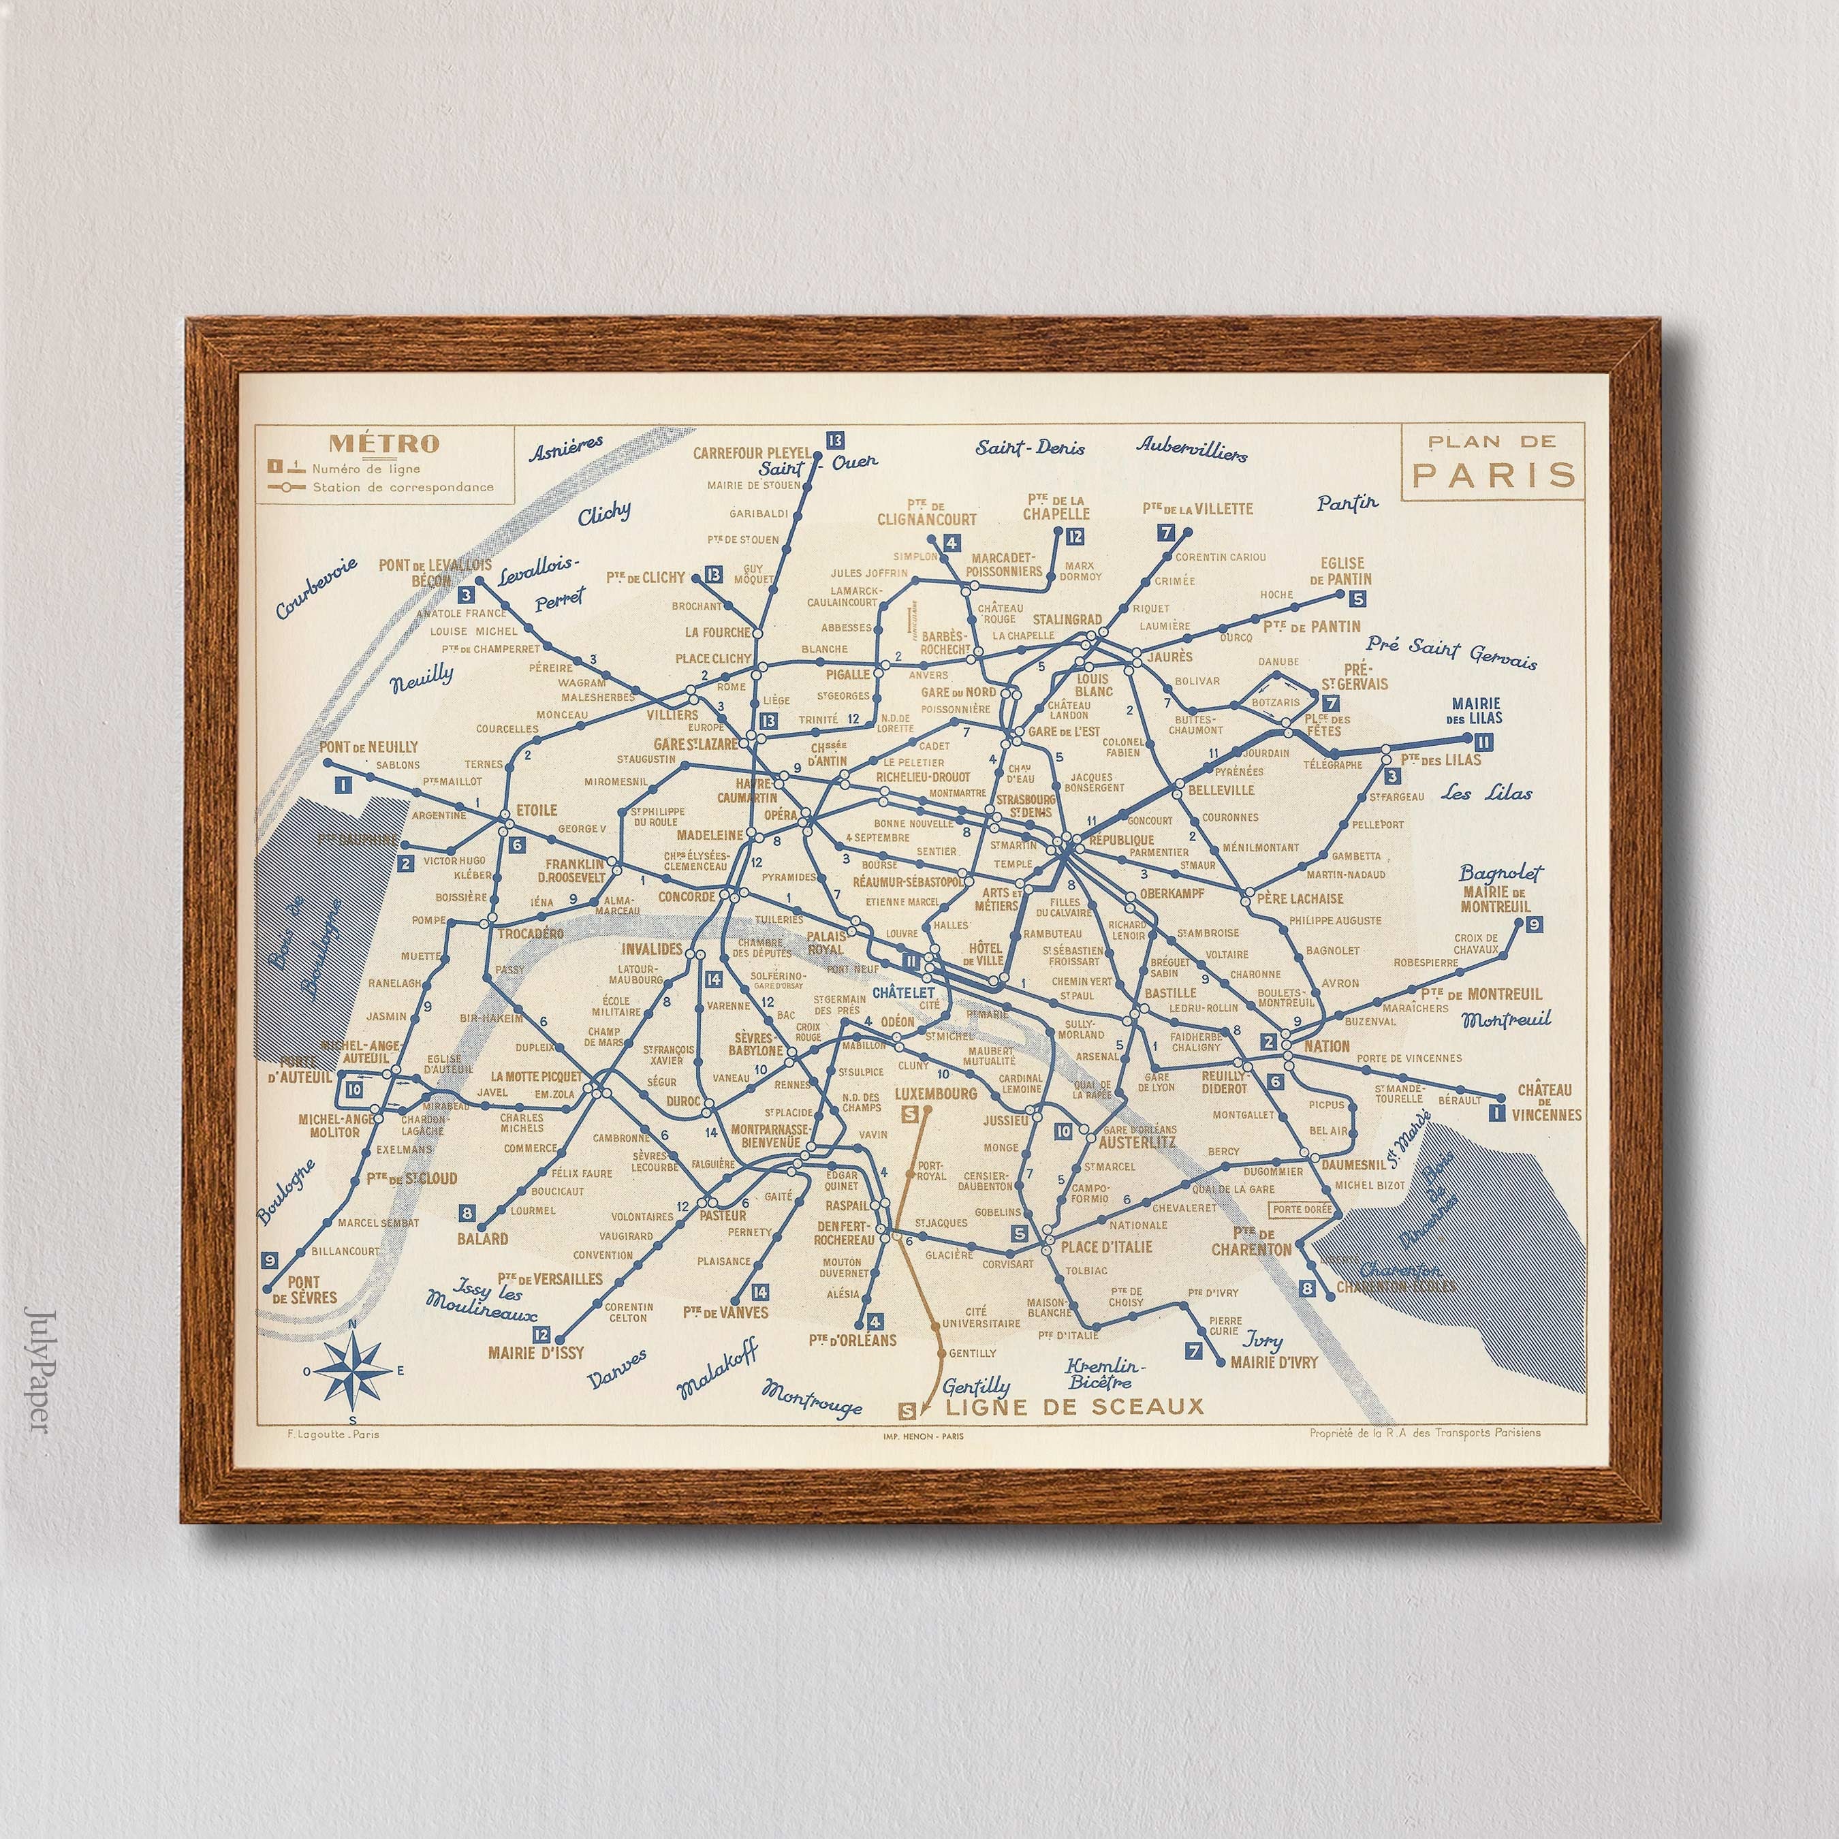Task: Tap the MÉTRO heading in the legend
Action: [383, 443]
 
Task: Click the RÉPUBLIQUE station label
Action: [1121, 840]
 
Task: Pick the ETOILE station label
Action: [536, 810]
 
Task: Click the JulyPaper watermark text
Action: [36, 1370]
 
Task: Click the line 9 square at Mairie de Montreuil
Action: [1532, 924]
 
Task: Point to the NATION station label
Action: [1327, 1046]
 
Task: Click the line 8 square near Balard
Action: [467, 1212]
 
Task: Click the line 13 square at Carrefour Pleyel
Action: [836, 440]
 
